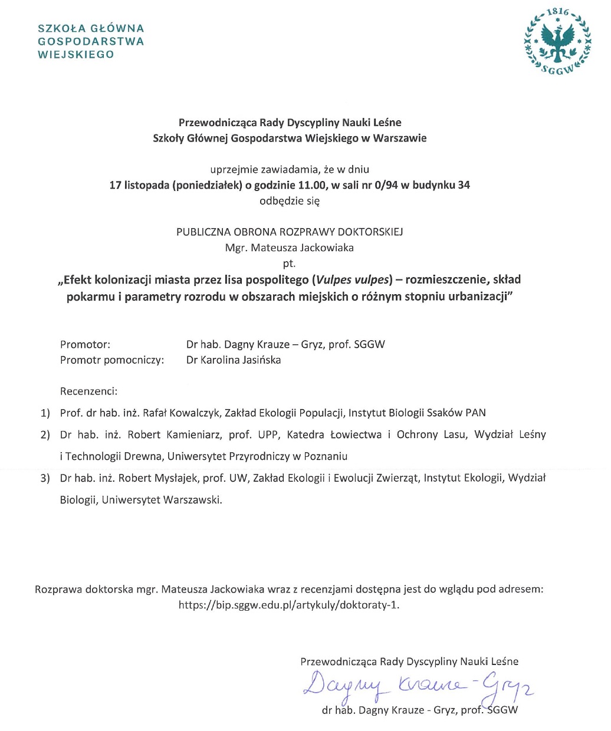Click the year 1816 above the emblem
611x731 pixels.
pos(557,12)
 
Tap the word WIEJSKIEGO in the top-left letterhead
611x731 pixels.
pos(75,55)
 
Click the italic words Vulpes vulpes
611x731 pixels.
pos(353,279)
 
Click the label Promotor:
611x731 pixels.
pos(85,344)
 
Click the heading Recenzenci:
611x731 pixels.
pos(88,391)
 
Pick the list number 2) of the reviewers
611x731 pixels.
pos(45,435)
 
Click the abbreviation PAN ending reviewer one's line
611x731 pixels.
pos(475,413)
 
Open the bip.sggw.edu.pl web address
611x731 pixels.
pos(289,605)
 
